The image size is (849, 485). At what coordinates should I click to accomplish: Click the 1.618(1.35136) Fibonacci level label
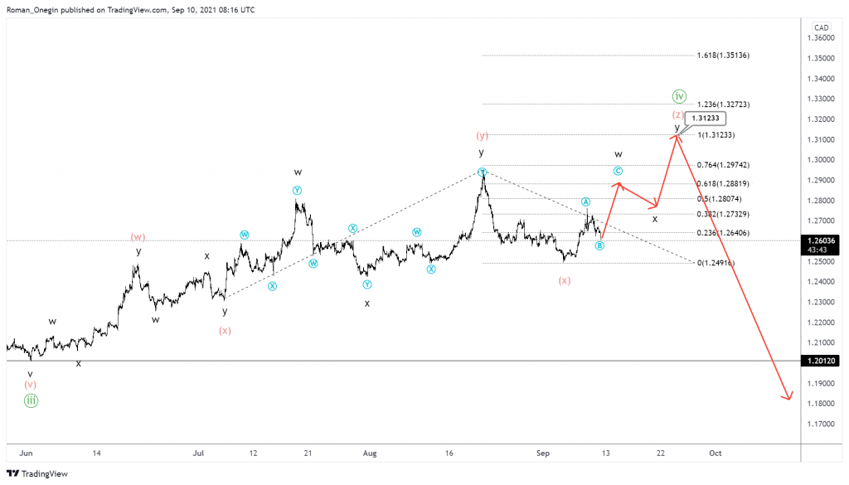coord(723,56)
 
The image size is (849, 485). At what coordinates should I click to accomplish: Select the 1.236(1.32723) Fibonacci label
coord(723,104)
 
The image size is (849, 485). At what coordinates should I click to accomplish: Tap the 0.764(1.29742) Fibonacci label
coord(723,165)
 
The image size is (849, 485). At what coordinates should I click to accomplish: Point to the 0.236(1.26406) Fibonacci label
coord(723,233)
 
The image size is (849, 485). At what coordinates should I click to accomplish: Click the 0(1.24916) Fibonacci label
coord(716,263)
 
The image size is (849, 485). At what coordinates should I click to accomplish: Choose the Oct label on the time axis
coord(715,453)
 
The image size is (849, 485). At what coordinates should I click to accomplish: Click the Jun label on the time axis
coord(26,453)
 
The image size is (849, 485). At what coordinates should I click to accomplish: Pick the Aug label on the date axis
coord(370,453)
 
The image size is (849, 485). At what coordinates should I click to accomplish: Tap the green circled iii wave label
coord(31,400)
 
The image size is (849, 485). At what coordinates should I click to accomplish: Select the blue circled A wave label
coord(585,201)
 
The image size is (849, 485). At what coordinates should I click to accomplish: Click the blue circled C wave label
coord(618,171)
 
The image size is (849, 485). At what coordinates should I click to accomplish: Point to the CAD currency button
coord(821,27)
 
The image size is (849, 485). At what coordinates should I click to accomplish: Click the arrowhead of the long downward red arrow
coord(788,397)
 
